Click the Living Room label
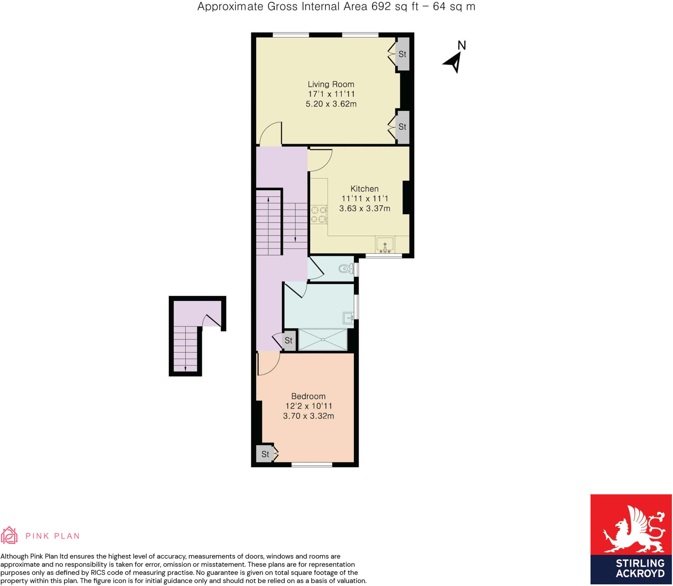(x=331, y=84)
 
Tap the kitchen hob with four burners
(x=318, y=214)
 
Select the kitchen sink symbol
(x=385, y=245)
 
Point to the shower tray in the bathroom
(x=323, y=339)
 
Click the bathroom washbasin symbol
(x=348, y=318)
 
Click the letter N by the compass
(x=462, y=45)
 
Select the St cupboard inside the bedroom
(x=265, y=454)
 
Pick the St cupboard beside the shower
(x=289, y=340)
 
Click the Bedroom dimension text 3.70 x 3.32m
(x=308, y=416)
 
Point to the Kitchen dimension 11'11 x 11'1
(x=364, y=198)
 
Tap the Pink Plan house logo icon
(x=9, y=535)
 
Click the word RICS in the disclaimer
(x=98, y=573)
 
